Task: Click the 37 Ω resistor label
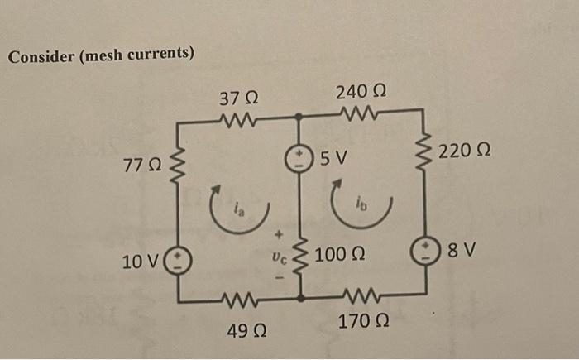click(x=238, y=98)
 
